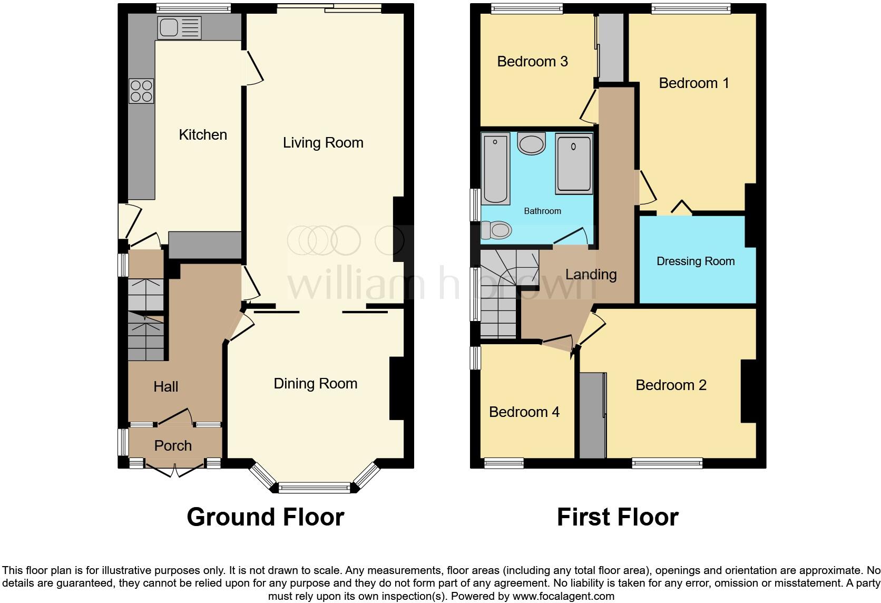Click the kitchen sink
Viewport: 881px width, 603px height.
tap(179, 27)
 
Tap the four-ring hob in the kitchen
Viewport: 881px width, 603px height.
tap(141, 91)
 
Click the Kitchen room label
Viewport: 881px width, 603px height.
tap(203, 135)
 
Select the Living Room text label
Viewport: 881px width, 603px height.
tap(323, 143)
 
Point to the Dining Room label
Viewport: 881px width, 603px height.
tap(315, 384)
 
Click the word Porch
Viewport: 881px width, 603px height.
tap(173, 446)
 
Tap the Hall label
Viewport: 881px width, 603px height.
tap(165, 387)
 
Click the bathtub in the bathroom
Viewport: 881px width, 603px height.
tap(495, 169)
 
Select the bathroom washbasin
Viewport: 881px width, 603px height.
tap(531, 143)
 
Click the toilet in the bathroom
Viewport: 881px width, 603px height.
tap(497, 230)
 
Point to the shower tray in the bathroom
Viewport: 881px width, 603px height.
tap(574, 164)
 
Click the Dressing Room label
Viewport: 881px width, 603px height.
tap(696, 261)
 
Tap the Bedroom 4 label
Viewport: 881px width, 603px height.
tap(524, 412)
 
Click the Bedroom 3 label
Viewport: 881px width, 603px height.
tap(532, 62)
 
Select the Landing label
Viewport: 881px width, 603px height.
tap(591, 275)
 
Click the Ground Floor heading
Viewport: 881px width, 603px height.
tap(265, 517)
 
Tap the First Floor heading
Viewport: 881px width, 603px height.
tap(618, 517)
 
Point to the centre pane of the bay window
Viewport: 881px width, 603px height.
tap(314, 488)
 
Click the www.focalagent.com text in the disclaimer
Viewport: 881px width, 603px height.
tap(563, 597)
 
